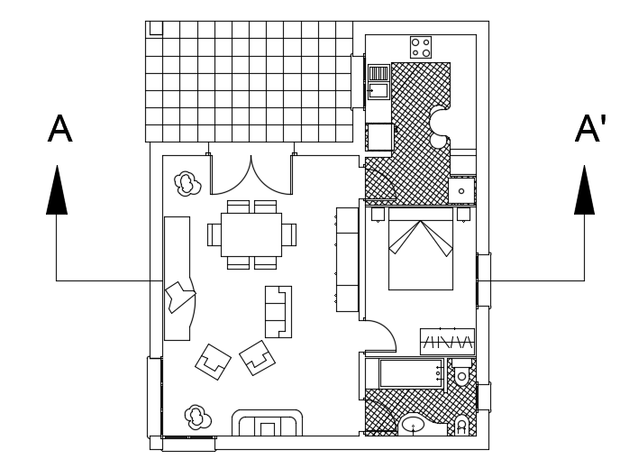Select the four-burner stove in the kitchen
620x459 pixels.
[421, 47]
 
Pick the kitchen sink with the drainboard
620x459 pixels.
[378, 81]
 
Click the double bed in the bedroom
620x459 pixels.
[421, 250]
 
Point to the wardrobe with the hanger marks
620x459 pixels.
[447, 342]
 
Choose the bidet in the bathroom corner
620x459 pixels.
[462, 424]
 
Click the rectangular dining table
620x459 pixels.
[251, 234]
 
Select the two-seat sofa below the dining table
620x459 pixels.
[278, 311]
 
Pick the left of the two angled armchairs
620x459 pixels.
[214, 362]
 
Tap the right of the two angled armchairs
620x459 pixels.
[257, 357]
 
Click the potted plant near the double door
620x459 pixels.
[187, 184]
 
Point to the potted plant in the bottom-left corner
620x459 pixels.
[196, 416]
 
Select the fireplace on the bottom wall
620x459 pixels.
[268, 423]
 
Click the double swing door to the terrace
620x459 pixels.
[251, 175]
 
